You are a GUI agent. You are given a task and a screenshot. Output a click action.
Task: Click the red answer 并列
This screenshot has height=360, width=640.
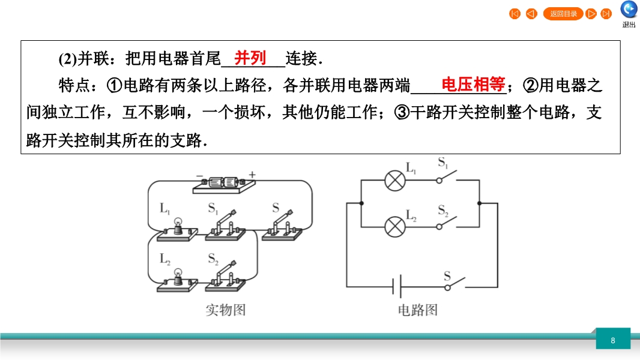(x=250, y=58)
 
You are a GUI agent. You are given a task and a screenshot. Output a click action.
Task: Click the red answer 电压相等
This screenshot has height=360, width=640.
(x=473, y=85)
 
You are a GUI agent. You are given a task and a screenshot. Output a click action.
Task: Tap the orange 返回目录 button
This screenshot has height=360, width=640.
(x=563, y=14)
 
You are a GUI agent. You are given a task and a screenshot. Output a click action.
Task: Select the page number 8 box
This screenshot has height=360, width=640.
(x=613, y=340)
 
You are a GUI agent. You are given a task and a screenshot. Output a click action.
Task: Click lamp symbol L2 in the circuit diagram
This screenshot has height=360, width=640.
(x=394, y=226)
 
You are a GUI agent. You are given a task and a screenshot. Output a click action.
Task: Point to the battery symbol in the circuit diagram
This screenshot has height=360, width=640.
(x=397, y=287)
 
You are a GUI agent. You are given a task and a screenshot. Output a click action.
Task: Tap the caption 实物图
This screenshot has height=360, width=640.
(x=226, y=310)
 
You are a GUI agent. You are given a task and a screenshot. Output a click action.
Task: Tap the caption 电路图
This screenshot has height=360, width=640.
(x=418, y=310)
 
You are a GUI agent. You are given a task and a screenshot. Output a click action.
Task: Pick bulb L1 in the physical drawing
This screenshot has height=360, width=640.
(x=177, y=229)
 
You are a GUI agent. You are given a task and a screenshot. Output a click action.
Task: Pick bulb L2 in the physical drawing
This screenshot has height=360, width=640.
(x=177, y=278)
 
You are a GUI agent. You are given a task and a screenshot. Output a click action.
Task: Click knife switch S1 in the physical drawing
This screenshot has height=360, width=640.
(x=225, y=225)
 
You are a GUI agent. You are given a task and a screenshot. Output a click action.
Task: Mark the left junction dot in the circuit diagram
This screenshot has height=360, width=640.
(x=360, y=203)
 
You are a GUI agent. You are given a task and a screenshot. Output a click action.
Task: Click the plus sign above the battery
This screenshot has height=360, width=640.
(x=252, y=175)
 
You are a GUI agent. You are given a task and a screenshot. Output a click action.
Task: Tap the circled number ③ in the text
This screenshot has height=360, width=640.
(x=402, y=112)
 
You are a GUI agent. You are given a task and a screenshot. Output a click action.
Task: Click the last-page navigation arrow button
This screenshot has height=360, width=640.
(x=606, y=14)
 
